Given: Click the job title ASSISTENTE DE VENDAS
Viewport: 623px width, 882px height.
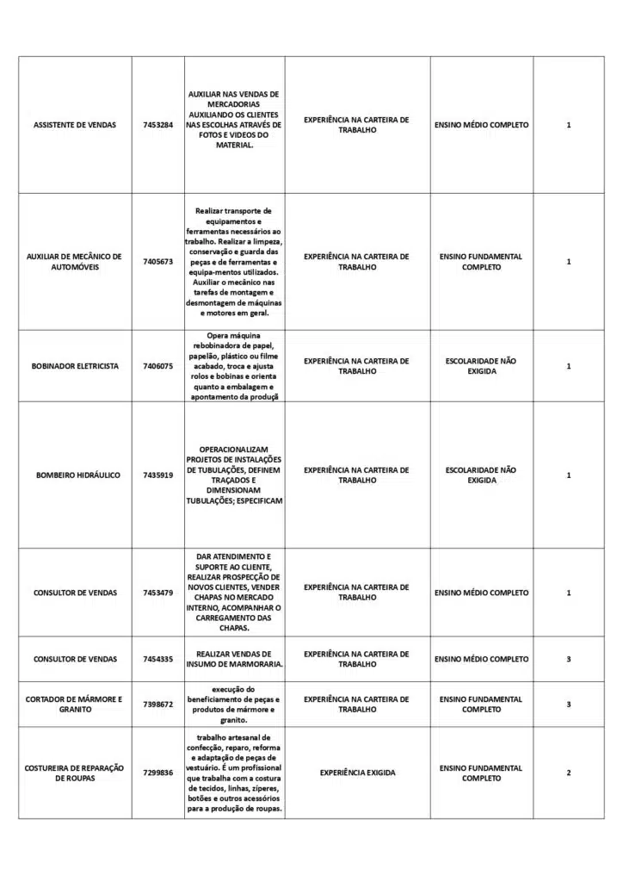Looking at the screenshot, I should [x=75, y=125].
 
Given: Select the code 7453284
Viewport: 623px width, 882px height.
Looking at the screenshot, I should [x=158, y=125].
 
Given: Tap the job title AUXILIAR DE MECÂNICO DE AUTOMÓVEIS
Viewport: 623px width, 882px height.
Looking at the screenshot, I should [x=75, y=262].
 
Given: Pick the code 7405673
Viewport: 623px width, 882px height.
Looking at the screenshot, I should [x=158, y=262].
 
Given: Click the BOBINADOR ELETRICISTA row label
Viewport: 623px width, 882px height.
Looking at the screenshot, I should [x=75, y=366].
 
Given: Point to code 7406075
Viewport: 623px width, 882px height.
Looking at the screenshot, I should [x=158, y=366].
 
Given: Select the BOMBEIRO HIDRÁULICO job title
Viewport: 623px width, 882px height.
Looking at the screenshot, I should [x=78, y=475].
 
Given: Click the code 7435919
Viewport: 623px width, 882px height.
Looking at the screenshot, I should [x=158, y=475].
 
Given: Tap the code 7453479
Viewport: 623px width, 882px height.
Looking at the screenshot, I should [x=158, y=593].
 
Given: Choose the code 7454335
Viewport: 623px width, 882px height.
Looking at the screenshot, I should [x=158, y=659].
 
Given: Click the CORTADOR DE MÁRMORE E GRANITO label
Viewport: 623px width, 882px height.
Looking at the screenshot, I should [x=75, y=704].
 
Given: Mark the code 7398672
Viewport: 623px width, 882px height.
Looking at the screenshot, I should [x=158, y=704].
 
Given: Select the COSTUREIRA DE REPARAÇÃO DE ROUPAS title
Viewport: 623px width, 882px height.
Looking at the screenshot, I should [x=75, y=773].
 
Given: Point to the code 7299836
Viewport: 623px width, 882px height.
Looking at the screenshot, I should [x=158, y=773].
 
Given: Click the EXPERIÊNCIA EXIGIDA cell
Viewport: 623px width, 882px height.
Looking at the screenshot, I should [x=357, y=773].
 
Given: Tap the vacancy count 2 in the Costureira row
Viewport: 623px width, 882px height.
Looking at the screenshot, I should [x=569, y=773].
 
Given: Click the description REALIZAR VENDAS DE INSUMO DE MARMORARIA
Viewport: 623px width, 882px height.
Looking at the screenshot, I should [x=234, y=659].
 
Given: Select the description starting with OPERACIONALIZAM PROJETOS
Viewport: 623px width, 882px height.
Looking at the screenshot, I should [x=234, y=475].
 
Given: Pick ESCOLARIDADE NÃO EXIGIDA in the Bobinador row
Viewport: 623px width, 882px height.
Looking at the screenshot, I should [x=481, y=366].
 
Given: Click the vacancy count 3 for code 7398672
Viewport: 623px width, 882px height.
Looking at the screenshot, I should [x=569, y=704].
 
